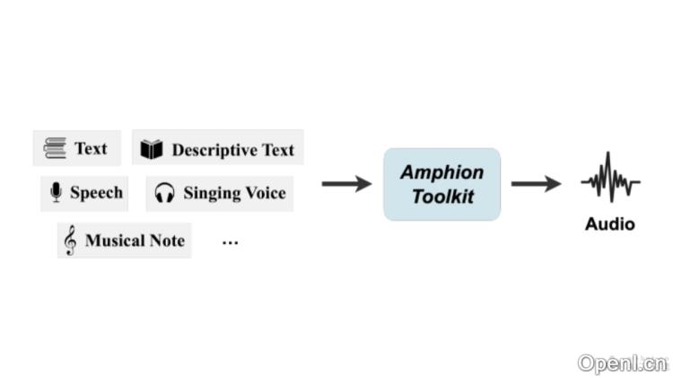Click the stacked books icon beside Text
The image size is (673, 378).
coord(55,149)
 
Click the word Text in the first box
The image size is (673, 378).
coord(91,149)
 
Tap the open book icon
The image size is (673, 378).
coord(152,150)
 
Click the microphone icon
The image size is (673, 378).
coord(56,193)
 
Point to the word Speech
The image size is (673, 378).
coord(96,193)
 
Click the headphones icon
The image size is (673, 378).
coord(164,193)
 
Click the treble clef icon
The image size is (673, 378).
coord(70,241)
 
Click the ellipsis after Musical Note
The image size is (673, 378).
coord(230,242)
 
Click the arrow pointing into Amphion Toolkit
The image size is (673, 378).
coord(346,184)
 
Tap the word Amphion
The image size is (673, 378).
coord(441,172)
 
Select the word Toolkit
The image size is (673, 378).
coord(441,197)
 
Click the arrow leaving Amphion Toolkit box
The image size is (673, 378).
coord(536,184)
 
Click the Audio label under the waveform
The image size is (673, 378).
coord(610,224)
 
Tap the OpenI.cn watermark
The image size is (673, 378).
coord(623,364)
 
